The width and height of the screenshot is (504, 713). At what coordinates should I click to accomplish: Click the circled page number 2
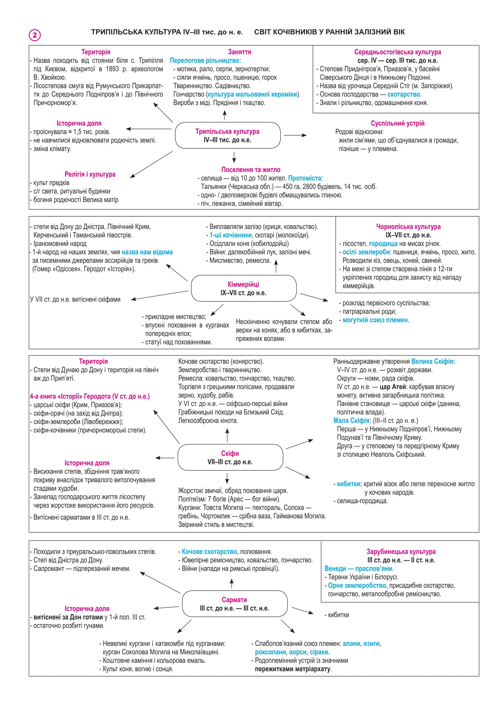pyautogui.click(x=35, y=35)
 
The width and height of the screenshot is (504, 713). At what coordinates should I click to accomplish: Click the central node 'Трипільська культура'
pyautogui.click(x=228, y=135)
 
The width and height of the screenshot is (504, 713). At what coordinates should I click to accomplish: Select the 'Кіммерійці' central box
pyautogui.click(x=243, y=288)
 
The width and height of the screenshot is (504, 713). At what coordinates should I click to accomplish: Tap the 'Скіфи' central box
pyautogui.click(x=230, y=457)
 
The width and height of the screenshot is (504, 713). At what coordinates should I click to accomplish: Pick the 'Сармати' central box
pyautogui.click(x=235, y=604)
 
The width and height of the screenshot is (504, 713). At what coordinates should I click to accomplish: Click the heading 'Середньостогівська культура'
pyautogui.click(x=397, y=52)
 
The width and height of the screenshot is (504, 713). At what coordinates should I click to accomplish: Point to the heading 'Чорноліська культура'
pyautogui.click(x=408, y=227)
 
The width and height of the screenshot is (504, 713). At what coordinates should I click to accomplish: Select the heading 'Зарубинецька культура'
pyautogui.click(x=401, y=551)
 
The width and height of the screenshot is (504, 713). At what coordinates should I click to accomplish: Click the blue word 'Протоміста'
pyautogui.click(x=304, y=178)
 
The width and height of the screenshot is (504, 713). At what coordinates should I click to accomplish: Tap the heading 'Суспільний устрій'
pyautogui.click(x=397, y=123)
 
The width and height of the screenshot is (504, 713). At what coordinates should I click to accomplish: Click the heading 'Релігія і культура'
pyautogui.click(x=90, y=174)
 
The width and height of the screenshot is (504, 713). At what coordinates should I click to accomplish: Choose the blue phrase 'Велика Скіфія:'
pyautogui.click(x=433, y=361)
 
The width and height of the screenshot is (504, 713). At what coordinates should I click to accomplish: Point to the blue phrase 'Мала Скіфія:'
pyautogui.click(x=352, y=421)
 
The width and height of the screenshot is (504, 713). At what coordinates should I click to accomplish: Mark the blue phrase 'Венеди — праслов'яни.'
pyautogui.click(x=359, y=569)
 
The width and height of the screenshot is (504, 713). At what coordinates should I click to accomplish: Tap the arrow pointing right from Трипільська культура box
pyautogui.click(x=295, y=135)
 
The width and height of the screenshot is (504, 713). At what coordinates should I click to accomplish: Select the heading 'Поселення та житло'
pyautogui.click(x=251, y=170)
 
